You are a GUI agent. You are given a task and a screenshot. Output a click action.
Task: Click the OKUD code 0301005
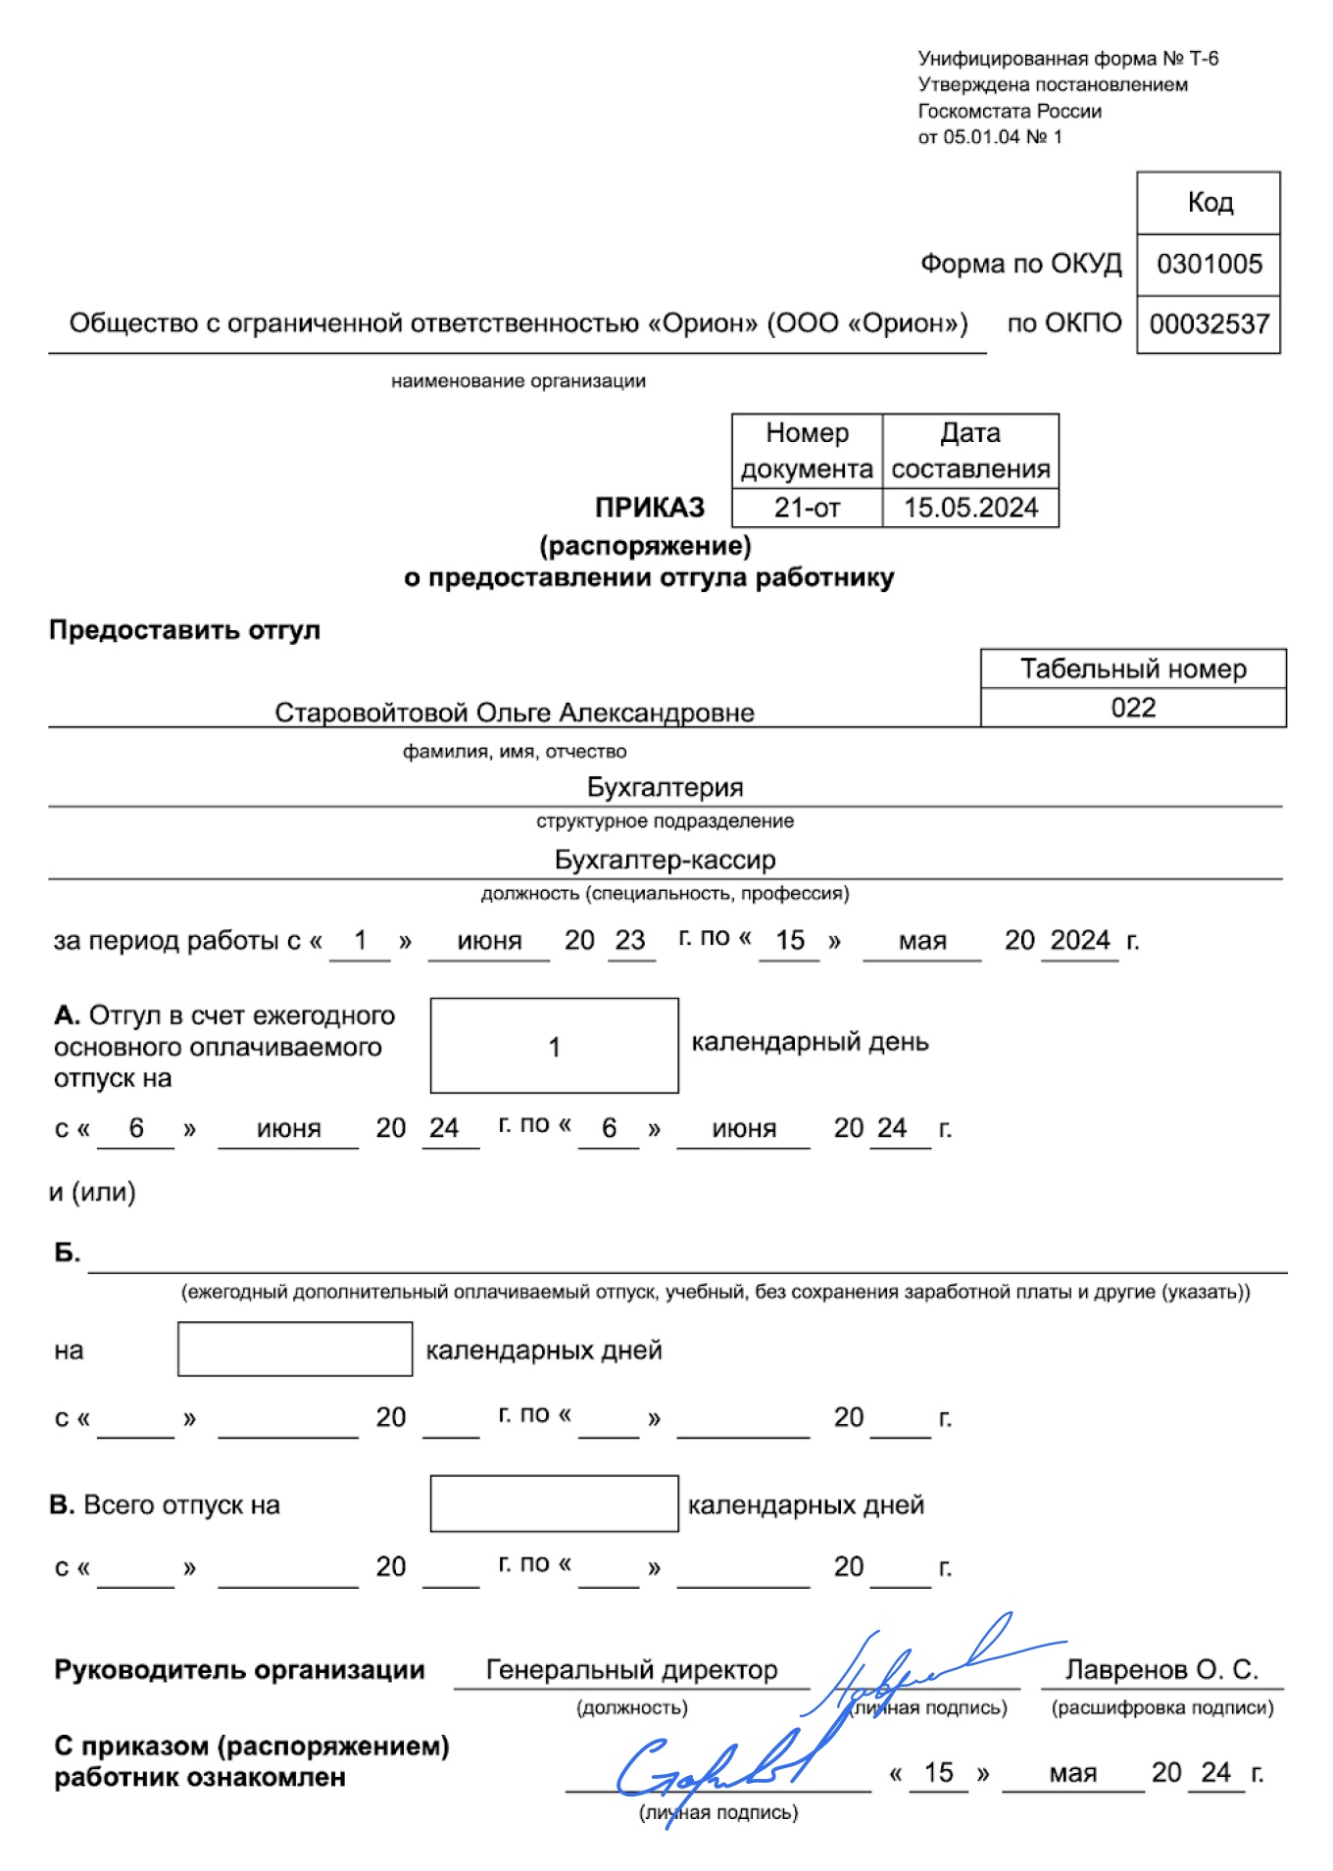1209,264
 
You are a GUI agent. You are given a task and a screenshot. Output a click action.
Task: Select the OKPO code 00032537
1209,323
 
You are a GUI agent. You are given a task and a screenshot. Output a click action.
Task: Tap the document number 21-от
807,508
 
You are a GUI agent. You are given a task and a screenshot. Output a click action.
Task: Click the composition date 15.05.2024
970,508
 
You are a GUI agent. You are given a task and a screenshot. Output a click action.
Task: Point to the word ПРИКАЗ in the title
650,507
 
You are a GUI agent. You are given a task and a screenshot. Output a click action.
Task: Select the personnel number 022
1133,708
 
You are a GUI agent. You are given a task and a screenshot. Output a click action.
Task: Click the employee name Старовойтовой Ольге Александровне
514,713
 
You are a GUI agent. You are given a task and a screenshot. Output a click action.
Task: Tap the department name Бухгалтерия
665,787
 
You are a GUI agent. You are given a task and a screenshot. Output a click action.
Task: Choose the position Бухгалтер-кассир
665,860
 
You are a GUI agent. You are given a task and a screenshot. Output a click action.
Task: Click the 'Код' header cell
1210,202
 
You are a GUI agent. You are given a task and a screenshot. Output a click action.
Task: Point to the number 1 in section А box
554,1047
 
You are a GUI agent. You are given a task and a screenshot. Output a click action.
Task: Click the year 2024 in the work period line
1079,940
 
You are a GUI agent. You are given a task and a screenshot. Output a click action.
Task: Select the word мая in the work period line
921,941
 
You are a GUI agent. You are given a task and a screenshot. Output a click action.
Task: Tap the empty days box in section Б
294,1350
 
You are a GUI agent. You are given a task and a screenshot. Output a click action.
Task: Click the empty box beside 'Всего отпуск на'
554,1503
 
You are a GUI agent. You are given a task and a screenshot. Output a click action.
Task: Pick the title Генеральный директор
631,1669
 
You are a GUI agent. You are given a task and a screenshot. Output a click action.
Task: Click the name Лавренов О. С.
1161,1669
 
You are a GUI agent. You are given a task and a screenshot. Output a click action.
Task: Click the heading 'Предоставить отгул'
184,629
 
